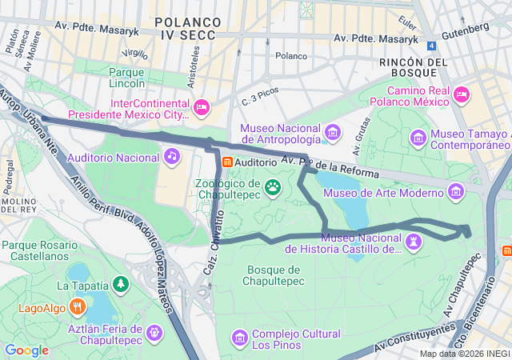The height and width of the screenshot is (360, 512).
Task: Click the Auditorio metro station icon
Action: (x=227, y=162)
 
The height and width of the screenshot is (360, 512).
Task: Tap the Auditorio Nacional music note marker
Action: (x=171, y=156)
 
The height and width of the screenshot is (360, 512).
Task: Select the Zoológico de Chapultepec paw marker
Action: (x=274, y=187)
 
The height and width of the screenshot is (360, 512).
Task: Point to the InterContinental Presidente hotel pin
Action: (x=201, y=106)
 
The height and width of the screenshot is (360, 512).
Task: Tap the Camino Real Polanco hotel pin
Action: (x=461, y=95)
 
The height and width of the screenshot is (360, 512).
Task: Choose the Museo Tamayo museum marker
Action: (x=418, y=138)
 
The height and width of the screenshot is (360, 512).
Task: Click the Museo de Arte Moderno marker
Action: (x=456, y=191)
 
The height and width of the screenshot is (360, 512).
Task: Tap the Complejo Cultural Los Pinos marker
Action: (x=239, y=338)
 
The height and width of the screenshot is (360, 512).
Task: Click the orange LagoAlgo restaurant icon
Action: (x=77, y=306)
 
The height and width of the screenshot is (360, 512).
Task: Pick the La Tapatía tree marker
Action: (x=120, y=284)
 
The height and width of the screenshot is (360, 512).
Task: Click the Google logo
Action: (x=26, y=350)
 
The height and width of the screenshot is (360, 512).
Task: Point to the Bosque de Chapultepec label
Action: (x=275, y=274)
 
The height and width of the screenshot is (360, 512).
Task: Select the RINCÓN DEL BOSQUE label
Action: (x=413, y=67)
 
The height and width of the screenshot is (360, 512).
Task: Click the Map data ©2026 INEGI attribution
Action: (x=465, y=354)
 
